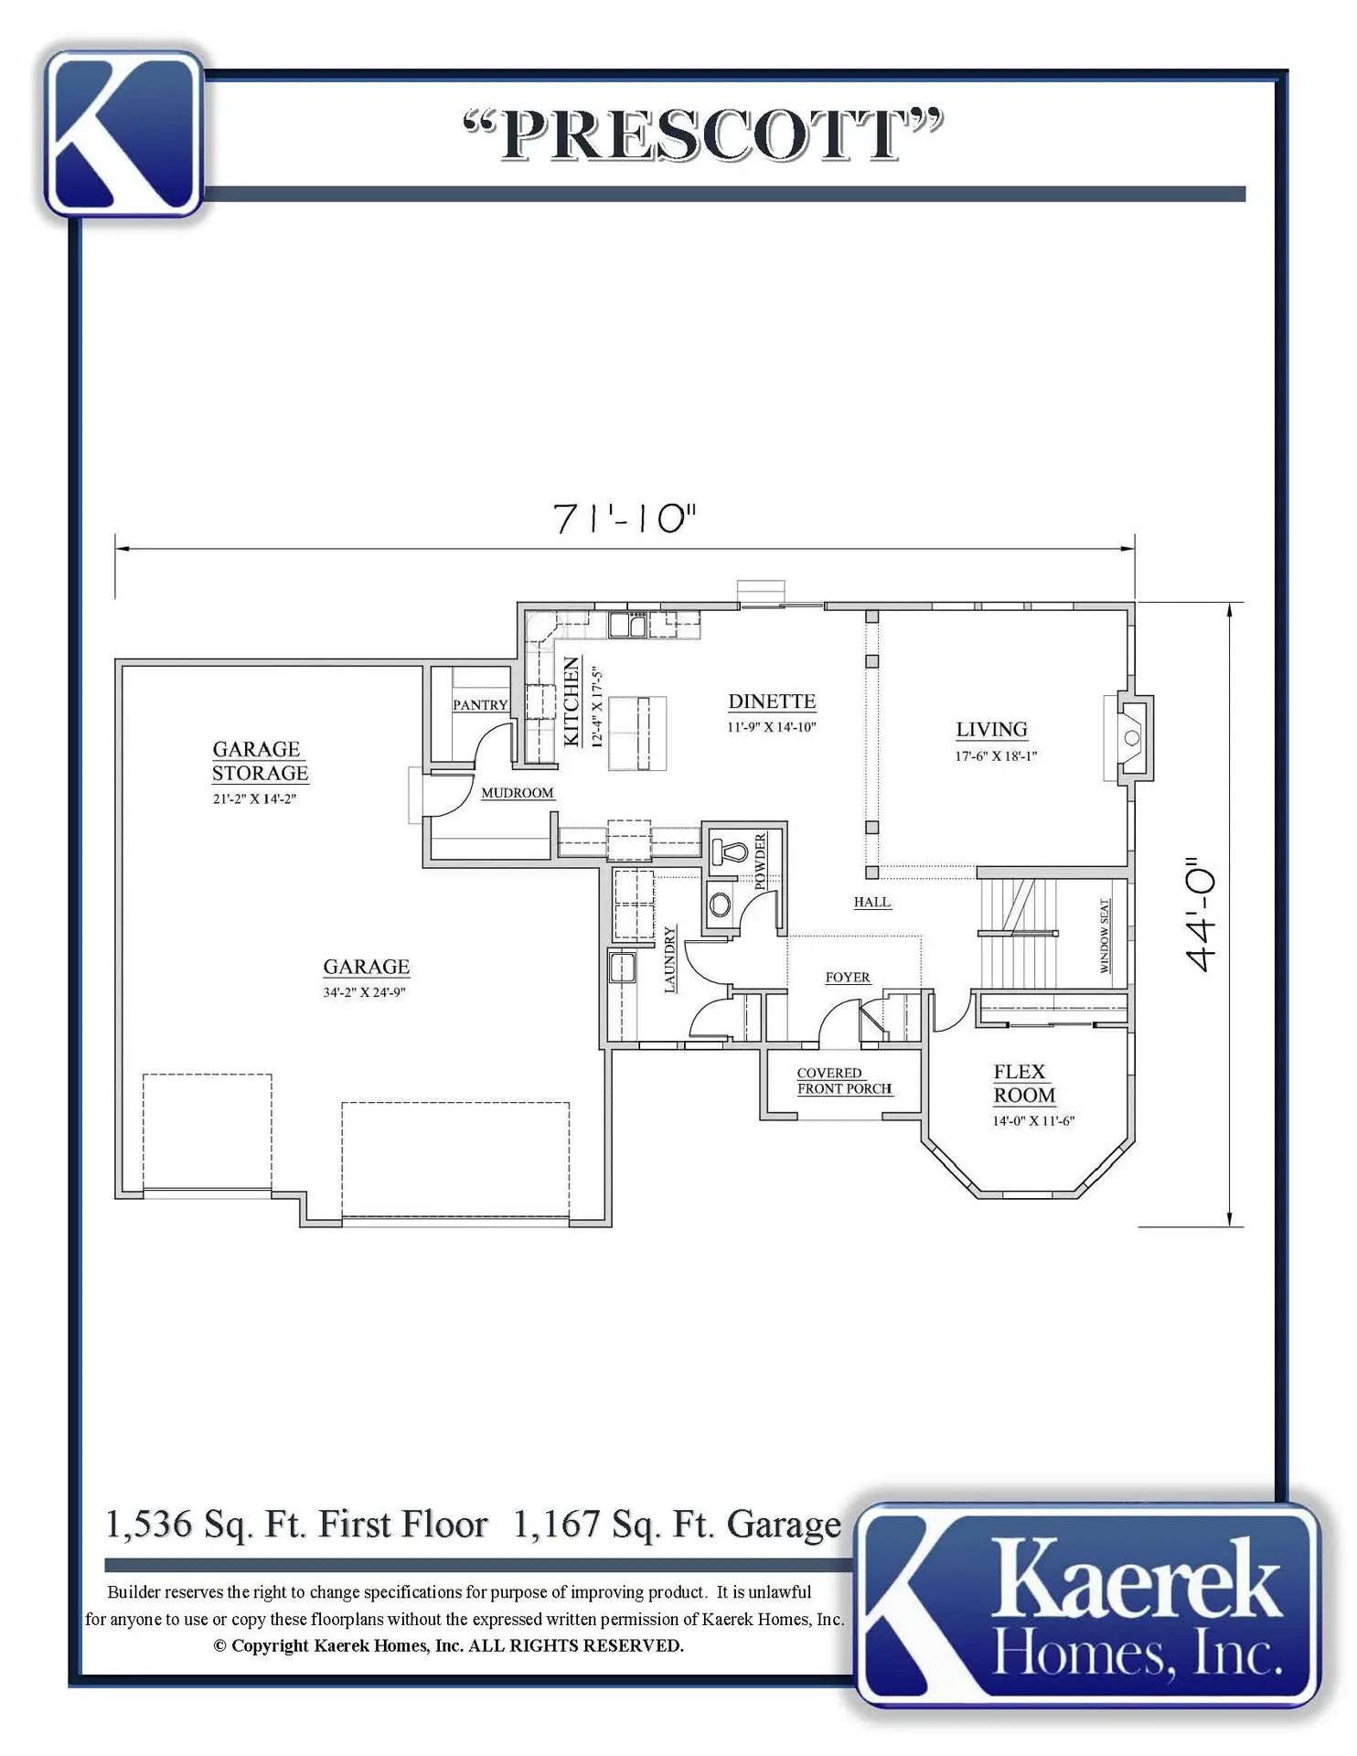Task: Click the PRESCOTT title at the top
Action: tap(702, 135)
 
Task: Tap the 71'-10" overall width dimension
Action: tap(625, 519)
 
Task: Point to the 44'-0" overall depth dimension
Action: tap(1200, 914)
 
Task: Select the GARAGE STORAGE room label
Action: tap(260, 761)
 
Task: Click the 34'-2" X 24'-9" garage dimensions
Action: tap(364, 992)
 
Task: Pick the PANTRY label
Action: tap(480, 705)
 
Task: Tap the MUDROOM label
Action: tap(518, 793)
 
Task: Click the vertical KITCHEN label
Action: tap(572, 702)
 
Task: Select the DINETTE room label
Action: tap(772, 701)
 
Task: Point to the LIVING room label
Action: tap(992, 730)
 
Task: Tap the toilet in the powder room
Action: tap(729, 852)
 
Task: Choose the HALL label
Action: tap(872, 902)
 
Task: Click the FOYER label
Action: tap(848, 978)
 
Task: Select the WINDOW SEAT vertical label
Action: tap(1105, 936)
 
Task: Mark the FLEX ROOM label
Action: tap(1024, 1084)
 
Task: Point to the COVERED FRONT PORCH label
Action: tap(844, 1081)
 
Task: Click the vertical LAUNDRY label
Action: tap(669, 959)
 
